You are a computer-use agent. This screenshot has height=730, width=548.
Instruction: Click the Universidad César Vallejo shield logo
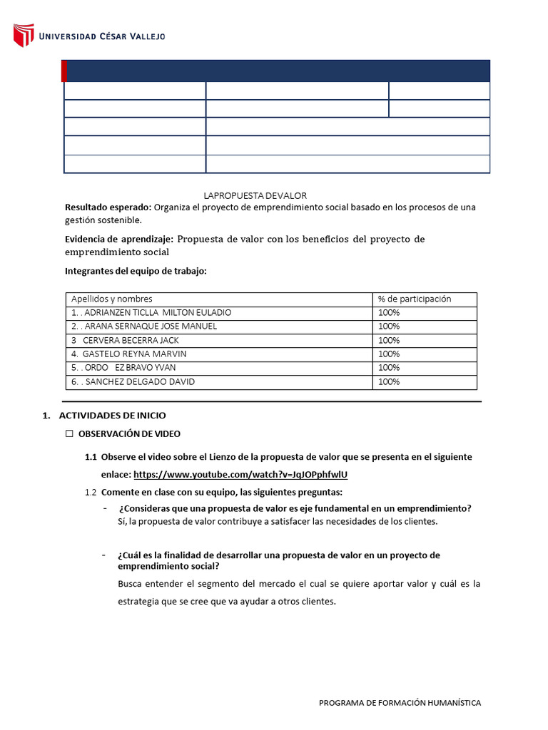click(24, 36)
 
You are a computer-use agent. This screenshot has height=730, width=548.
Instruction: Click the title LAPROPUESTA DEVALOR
click(255, 195)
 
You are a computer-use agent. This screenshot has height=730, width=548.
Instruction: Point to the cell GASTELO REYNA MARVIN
click(129, 354)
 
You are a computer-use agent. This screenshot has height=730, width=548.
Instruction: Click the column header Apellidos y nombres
click(111, 299)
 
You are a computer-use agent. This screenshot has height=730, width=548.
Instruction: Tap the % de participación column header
click(415, 299)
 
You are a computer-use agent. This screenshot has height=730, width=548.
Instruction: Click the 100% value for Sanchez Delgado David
click(389, 382)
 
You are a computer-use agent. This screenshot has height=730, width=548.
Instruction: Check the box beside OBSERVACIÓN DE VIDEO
click(70, 433)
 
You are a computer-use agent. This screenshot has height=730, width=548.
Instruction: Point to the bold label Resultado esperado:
click(108, 207)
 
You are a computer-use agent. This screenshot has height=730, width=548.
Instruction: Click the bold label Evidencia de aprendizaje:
click(118, 239)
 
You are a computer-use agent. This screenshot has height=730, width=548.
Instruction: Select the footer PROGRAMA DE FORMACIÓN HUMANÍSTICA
click(400, 703)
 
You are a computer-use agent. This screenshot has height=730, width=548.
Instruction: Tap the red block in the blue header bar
click(64, 71)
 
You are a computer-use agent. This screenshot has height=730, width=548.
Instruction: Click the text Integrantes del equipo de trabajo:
click(136, 271)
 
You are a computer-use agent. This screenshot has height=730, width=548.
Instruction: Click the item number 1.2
click(90, 493)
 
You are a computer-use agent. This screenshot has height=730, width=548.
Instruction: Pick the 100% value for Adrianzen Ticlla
click(389, 313)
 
